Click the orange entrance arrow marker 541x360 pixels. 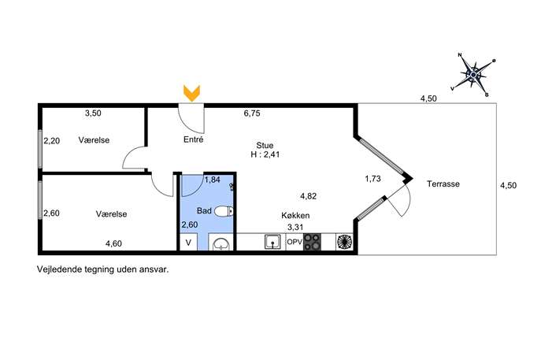(x=191, y=93)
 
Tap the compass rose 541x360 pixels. (x=474, y=74)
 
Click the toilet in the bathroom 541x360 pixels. (x=224, y=211)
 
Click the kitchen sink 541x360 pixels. (x=273, y=242)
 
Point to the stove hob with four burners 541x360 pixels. (x=312, y=242)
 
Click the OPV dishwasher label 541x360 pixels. (x=295, y=242)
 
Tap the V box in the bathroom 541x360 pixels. (x=188, y=243)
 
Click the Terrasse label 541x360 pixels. (x=443, y=184)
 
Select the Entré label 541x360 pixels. (x=193, y=139)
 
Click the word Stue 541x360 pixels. (x=265, y=145)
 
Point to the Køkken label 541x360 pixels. (x=295, y=215)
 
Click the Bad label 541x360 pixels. (x=204, y=210)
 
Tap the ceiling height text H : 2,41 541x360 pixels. (x=265, y=154)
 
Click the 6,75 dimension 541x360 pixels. (x=252, y=113)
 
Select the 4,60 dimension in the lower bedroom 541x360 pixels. (x=113, y=243)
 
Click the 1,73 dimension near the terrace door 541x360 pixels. (x=372, y=179)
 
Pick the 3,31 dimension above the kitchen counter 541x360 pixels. (x=295, y=228)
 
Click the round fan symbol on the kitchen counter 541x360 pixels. (x=344, y=242)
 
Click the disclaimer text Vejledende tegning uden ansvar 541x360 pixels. (x=103, y=269)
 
